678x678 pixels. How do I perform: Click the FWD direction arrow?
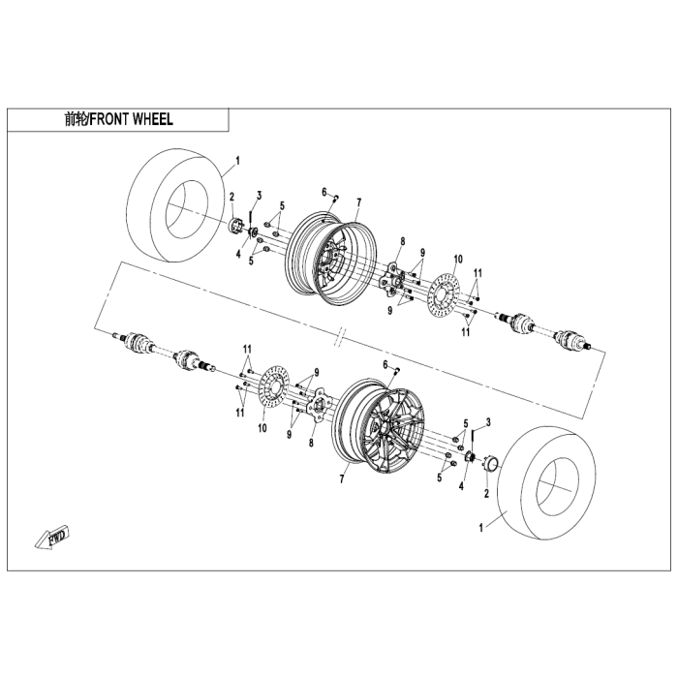pyautogui.click(x=52, y=538)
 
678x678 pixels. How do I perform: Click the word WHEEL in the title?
pyautogui.click(x=153, y=119)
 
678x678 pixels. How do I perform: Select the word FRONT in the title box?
pyautogui.click(x=109, y=119)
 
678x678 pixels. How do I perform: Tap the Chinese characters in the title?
pyautogui.click(x=77, y=119)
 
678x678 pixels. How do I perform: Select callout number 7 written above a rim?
pyautogui.click(x=358, y=202)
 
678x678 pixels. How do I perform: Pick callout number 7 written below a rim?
pyautogui.click(x=342, y=479)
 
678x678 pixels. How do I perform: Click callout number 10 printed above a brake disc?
pyautogui.click(x=458, y=259)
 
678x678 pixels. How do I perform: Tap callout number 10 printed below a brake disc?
pyautogui.click(x=262, y=428)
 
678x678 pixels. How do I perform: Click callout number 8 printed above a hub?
pyautogui.click(x=403, y=241)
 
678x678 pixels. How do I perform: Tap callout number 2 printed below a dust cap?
pyautogui.click(x=486, y=493)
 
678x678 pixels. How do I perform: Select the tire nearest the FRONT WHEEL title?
pyautogui.click(x=177, y=205)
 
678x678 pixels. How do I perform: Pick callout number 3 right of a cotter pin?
pyautogui.click(x=488, y=422)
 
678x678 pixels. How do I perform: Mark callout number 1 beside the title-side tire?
pyautogui.click(x=237, y=161)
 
